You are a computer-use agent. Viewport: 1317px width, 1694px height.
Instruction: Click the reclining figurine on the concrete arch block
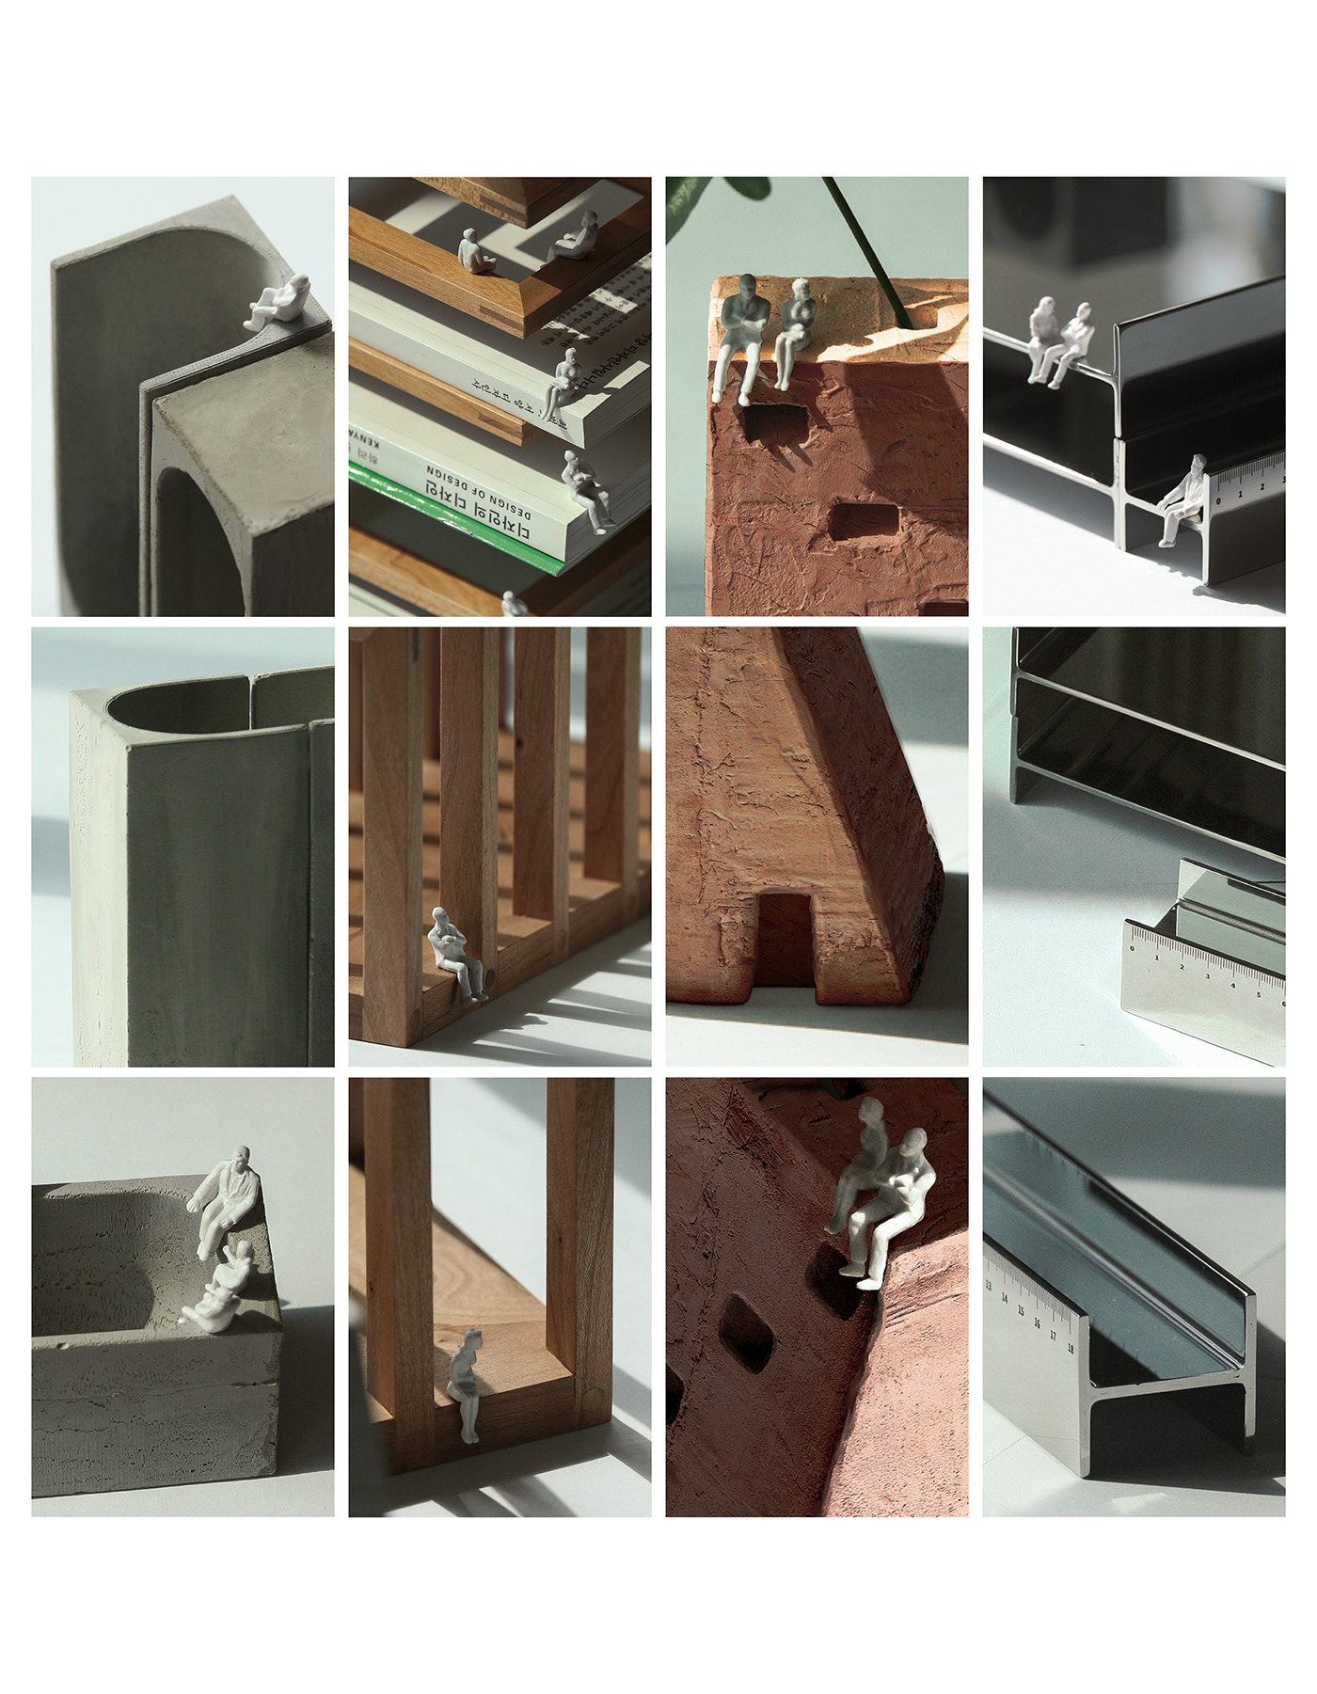(x=279, y=302)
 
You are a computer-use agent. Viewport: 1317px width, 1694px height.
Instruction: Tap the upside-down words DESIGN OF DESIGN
(x=478, y=491)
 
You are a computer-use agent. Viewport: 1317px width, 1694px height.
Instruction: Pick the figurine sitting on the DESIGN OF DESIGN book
(x=586, y=490)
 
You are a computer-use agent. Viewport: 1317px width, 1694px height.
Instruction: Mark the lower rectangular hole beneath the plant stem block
(x=864, y=522)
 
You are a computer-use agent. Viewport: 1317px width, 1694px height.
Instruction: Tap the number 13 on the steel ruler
(x=989, y=1284)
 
